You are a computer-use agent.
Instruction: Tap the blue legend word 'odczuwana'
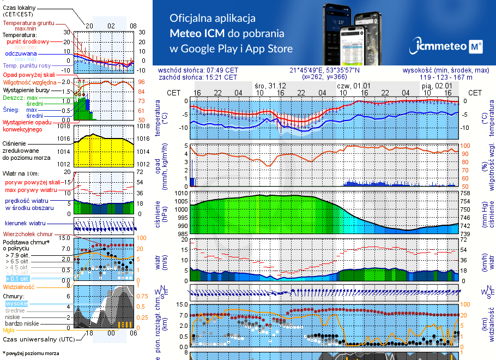(21, 54)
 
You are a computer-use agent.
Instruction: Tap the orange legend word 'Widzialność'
(19, 286)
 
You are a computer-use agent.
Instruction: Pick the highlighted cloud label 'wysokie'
(16, 303)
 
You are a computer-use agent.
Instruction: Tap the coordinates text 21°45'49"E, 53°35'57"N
(324, 70)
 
